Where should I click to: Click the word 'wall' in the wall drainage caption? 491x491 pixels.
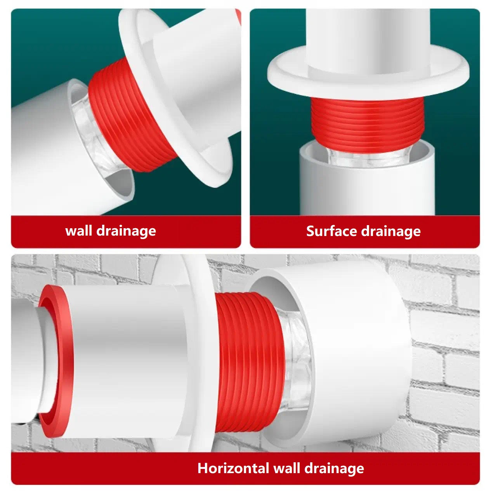[x=78, y=231]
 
